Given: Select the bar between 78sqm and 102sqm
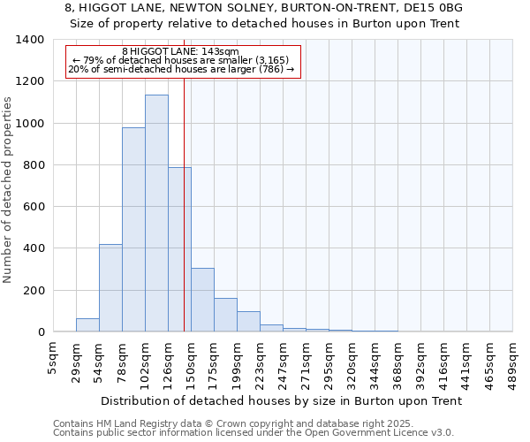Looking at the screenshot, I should (133, 230).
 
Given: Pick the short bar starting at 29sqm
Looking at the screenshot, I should (87, 325).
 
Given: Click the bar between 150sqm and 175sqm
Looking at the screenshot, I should (202, 300).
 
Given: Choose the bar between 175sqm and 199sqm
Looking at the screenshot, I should (225, 315).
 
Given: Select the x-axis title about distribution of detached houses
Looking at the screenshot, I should (283, 400).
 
